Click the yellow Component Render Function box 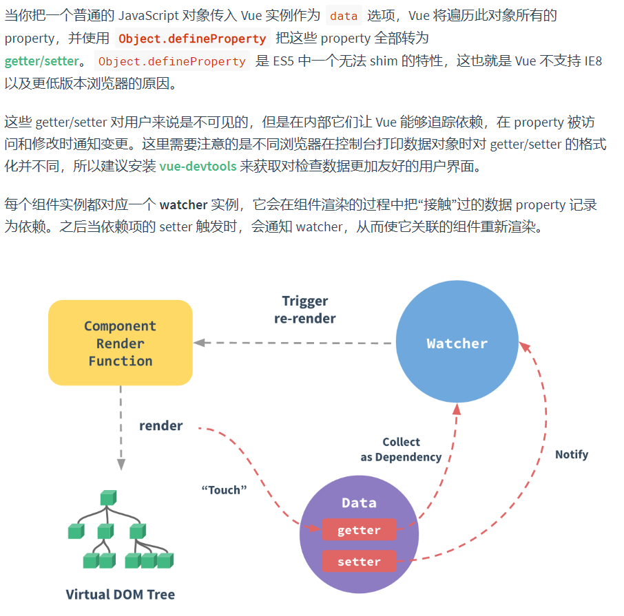coord(121,343)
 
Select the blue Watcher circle coord(457,343)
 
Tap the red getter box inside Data coord(359,530)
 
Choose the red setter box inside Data coord(359,562)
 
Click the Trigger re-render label coord(305,310)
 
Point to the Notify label coord(572,454)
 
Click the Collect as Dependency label coord(401,449)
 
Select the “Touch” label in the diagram coord(224,490)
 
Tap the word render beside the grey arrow coord(161,426)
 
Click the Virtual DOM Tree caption coord(121,594)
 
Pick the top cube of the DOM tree coord(108,497)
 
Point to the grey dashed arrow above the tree coord(121,427)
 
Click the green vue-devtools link coord(198,166)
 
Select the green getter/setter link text coord(41,61)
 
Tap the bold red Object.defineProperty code coord(192,39)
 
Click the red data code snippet coord(343,15)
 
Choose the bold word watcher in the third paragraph coord(183,204)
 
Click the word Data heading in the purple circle coord(359,502)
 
